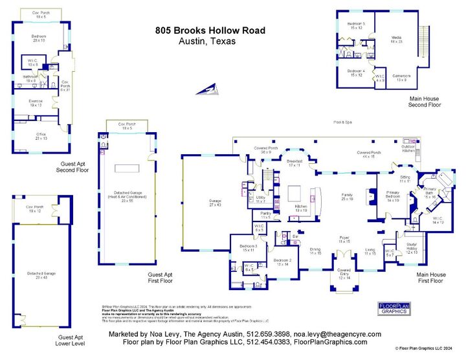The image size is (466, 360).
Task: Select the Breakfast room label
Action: [x=294, y=162]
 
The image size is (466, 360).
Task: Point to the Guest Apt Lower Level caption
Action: [x=71, y=341]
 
